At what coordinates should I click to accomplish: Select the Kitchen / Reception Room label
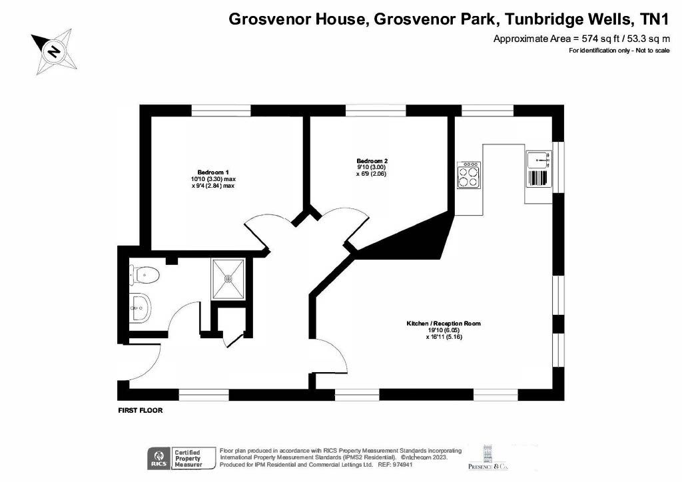pyautogui.click(x=444, y=324)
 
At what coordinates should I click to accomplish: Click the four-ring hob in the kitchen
pyautogui.click(x=469, y=174)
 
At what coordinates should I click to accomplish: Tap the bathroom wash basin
pyautogui.click(x=140, y=308)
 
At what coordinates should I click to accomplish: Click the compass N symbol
pyautogui.click(x=54, y=51)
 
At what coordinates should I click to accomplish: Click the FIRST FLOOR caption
pyautogui.click(x=141, y=410)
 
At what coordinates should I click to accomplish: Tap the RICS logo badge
pyautogui.click(x=159, y=459)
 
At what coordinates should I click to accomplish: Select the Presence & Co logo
pyautogui.click(x=488, y=457)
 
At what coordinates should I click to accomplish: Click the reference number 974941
pyautogui.click(x=402, y=465)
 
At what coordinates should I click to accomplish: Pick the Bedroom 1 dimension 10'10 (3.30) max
pyautogui.click(x=213, y=179)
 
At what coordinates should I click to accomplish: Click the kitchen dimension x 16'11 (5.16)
pyautogui.click(x=444, y=336)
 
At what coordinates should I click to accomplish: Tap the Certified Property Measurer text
pyautogui.click(x=188, y=459)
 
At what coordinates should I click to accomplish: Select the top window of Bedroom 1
pyautogui.click(x=221, y=111)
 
